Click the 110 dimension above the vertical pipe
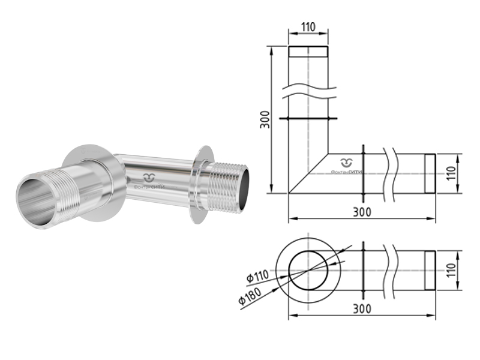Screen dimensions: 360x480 308,28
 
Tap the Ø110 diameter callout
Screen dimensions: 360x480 258,277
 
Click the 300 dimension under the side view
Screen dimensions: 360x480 362,212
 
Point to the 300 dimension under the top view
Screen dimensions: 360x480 362,308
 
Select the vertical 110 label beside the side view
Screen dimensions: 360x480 452,174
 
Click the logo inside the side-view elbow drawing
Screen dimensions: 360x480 347,166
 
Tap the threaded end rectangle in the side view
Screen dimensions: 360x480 430,174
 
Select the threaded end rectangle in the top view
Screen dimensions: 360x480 430,270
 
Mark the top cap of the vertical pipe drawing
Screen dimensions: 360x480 308,51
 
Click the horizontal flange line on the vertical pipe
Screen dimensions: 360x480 308,119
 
